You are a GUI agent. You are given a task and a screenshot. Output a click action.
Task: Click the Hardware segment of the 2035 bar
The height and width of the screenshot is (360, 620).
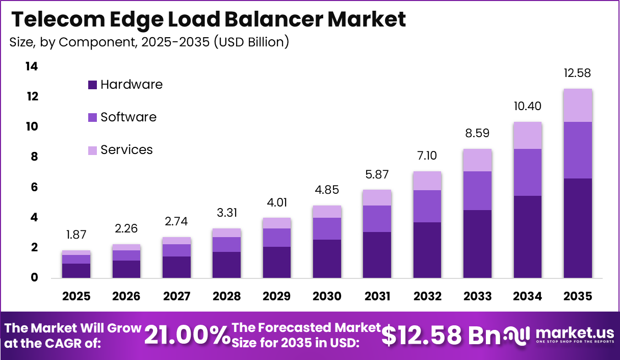[x=578, y=228]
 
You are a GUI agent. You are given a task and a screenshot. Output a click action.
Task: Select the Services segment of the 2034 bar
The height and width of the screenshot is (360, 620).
[x=528, y=136]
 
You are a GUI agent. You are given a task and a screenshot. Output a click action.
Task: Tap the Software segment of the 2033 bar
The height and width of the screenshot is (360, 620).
[x=478, y=191]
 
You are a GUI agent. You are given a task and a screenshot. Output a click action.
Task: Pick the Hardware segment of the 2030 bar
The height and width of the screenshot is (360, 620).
[x=327, y=259]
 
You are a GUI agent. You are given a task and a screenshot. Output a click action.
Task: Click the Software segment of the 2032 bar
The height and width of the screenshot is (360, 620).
[x=427, y=206]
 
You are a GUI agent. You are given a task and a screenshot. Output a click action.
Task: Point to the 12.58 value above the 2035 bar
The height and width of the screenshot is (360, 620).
[x=578, y=73]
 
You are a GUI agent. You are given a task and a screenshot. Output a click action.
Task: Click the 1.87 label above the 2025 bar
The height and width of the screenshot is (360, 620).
[x=76, y=235]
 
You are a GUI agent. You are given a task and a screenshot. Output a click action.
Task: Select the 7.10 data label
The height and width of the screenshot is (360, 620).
[x=427, y=156]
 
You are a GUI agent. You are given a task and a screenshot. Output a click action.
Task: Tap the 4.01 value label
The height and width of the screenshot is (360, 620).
[x=277, y=202]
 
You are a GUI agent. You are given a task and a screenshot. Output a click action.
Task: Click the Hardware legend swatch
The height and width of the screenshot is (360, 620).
[x=92, y=85]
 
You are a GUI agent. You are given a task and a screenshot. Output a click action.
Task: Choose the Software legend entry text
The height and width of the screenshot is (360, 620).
[x=128, y=117]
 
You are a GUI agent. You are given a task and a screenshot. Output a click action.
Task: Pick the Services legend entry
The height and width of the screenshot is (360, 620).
[x=126, y=150]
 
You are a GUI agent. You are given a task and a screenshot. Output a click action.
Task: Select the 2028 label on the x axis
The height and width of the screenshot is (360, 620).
[x=226, y=296]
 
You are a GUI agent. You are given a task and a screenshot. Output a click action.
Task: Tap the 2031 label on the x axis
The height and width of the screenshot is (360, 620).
[x=377, y=296]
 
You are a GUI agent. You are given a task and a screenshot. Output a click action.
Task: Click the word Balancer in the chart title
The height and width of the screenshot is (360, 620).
[x=273, y=19]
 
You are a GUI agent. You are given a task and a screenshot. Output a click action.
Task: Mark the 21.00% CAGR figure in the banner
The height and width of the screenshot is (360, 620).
[x=187, y=336]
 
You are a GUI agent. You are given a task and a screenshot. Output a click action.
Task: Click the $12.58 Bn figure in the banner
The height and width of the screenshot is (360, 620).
[x=442, y=335]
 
